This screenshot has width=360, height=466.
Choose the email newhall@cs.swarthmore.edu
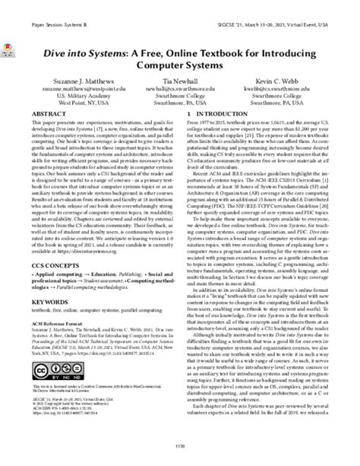coord(179,108)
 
